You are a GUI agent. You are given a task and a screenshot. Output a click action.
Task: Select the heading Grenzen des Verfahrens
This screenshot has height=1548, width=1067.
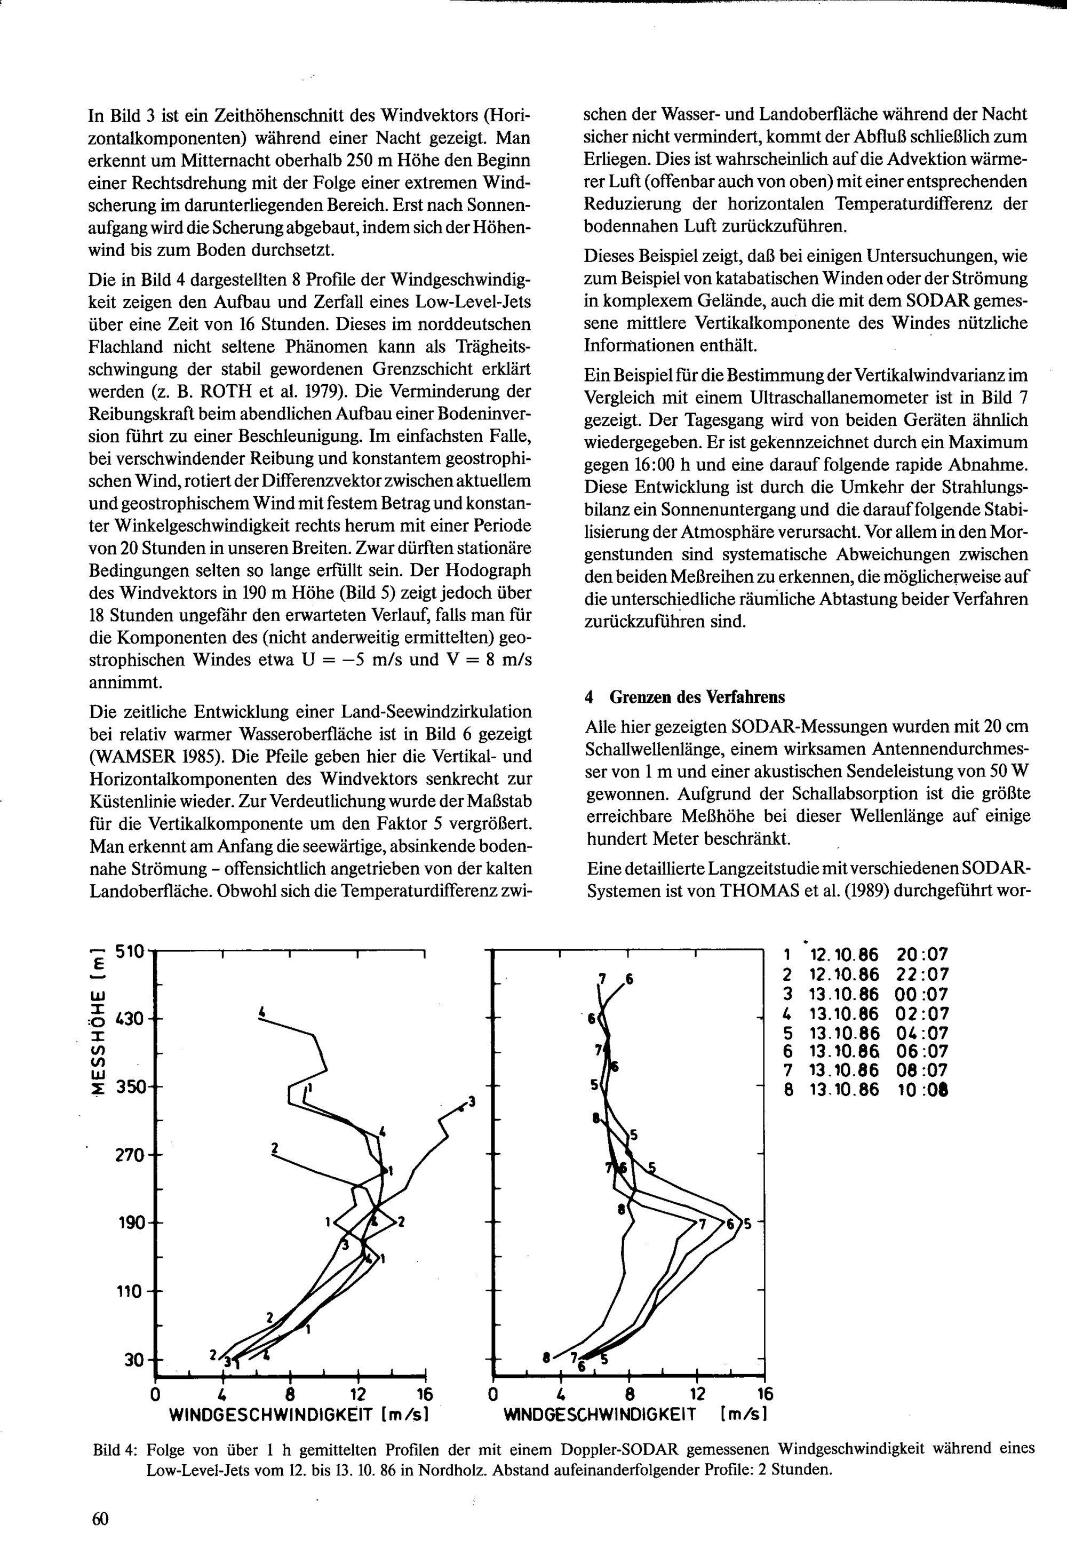pyautogui.click(x=697, y=697)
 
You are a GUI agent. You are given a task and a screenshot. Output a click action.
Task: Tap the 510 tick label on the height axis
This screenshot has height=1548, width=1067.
pyautogui.click(x=130, y=951)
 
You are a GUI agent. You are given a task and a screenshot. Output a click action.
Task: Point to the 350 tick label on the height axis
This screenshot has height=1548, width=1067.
pyautogui.click(x=130, y=1086)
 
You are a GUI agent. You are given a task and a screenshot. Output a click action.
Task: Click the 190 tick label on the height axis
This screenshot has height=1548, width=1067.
pyautogui.click(x=130, y=1222)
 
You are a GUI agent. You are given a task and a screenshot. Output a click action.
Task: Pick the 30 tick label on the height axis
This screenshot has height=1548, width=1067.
pyautogui.click(x=134, y=1360)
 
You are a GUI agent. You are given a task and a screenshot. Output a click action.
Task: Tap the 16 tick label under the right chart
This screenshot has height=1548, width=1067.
pyautogui.click(x=765, y=1394)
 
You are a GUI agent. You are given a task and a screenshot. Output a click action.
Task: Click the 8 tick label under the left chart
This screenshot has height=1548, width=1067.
pyautogui.click(x=291, y=1394)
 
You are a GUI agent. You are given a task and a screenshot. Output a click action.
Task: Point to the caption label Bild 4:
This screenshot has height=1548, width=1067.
pyautogui.click(x=116, y=1449)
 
